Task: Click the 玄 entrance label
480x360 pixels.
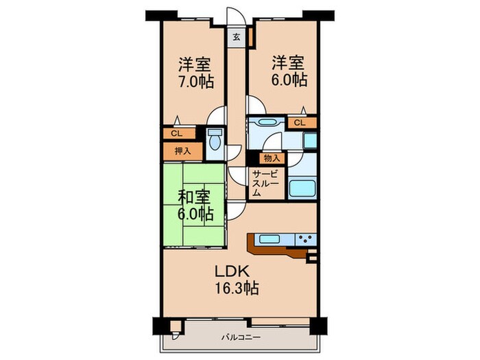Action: click(237, 37)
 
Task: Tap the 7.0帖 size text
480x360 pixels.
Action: click(196, 81)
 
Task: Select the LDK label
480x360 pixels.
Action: click(232, 271)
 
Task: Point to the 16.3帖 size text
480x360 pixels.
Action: click(237, 288)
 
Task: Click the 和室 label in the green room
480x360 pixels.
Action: click(194, 197)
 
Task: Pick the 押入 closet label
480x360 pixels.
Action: click(183, 151)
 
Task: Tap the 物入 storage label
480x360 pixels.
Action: click(272, 158)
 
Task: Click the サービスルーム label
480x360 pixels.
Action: click(265, 183)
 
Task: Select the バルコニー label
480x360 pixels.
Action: click(241, 337)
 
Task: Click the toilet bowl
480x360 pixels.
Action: click(215, 140)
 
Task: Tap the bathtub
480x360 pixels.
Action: click(302, 189)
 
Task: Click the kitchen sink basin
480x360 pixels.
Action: click(269, 239)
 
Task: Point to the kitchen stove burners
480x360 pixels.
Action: click(306, 239)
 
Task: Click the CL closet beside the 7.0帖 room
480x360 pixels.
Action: click(179, 134)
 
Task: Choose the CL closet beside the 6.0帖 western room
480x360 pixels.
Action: click(302, 123)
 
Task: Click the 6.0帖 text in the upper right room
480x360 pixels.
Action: click(289, 80)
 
